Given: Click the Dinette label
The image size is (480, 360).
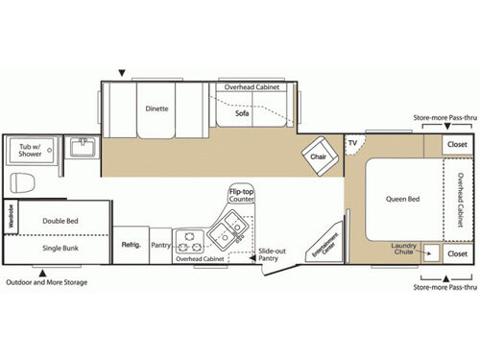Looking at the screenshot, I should click(x=157, y=108).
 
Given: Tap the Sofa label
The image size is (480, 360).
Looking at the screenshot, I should click(x=243, y=113).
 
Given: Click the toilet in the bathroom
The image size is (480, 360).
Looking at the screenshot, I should click(x=22, y=181).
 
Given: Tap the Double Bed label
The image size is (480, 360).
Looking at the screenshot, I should click(x=60, y=220).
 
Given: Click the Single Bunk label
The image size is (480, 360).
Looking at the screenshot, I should click(x=60, y=248).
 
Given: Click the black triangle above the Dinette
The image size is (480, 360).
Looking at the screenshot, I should click(x=122, y=73).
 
